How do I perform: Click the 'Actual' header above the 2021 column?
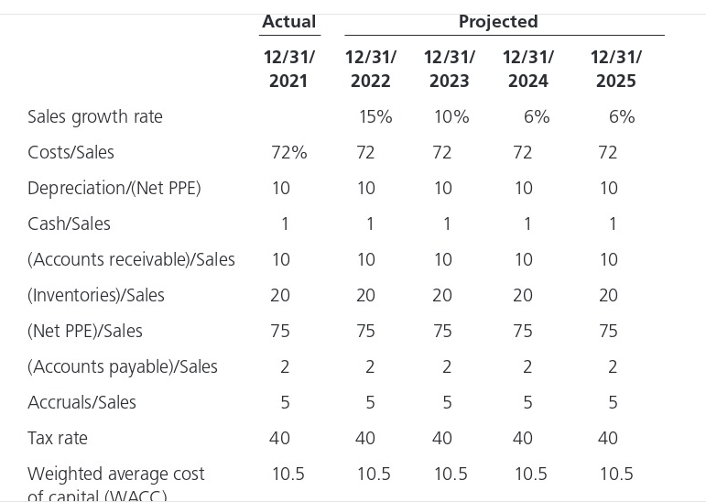click(288, 21)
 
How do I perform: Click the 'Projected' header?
click(498, 21)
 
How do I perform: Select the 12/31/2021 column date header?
click(288, 69)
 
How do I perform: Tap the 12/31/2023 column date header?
click(449, 69)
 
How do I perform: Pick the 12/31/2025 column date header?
click(615, 69)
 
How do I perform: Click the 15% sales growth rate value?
click(375, 116)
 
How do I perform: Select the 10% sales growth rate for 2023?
click(451, 116)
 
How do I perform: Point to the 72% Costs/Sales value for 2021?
click(288, 152)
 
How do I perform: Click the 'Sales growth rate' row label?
click(95, 116)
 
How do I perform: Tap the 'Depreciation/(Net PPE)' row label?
click(114, 188)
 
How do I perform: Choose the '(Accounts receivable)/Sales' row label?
click(131, 259)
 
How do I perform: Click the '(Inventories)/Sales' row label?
click(96, 295)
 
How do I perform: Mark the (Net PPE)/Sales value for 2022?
click(365, 331)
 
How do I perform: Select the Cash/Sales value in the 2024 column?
click(527, 224)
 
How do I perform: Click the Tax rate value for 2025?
click(608, 438)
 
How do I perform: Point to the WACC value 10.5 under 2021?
click(288, 474)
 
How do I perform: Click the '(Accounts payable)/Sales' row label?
click(123, 366)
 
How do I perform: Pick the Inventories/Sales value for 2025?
click(608, 295)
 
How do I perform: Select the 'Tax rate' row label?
click(58, 438)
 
